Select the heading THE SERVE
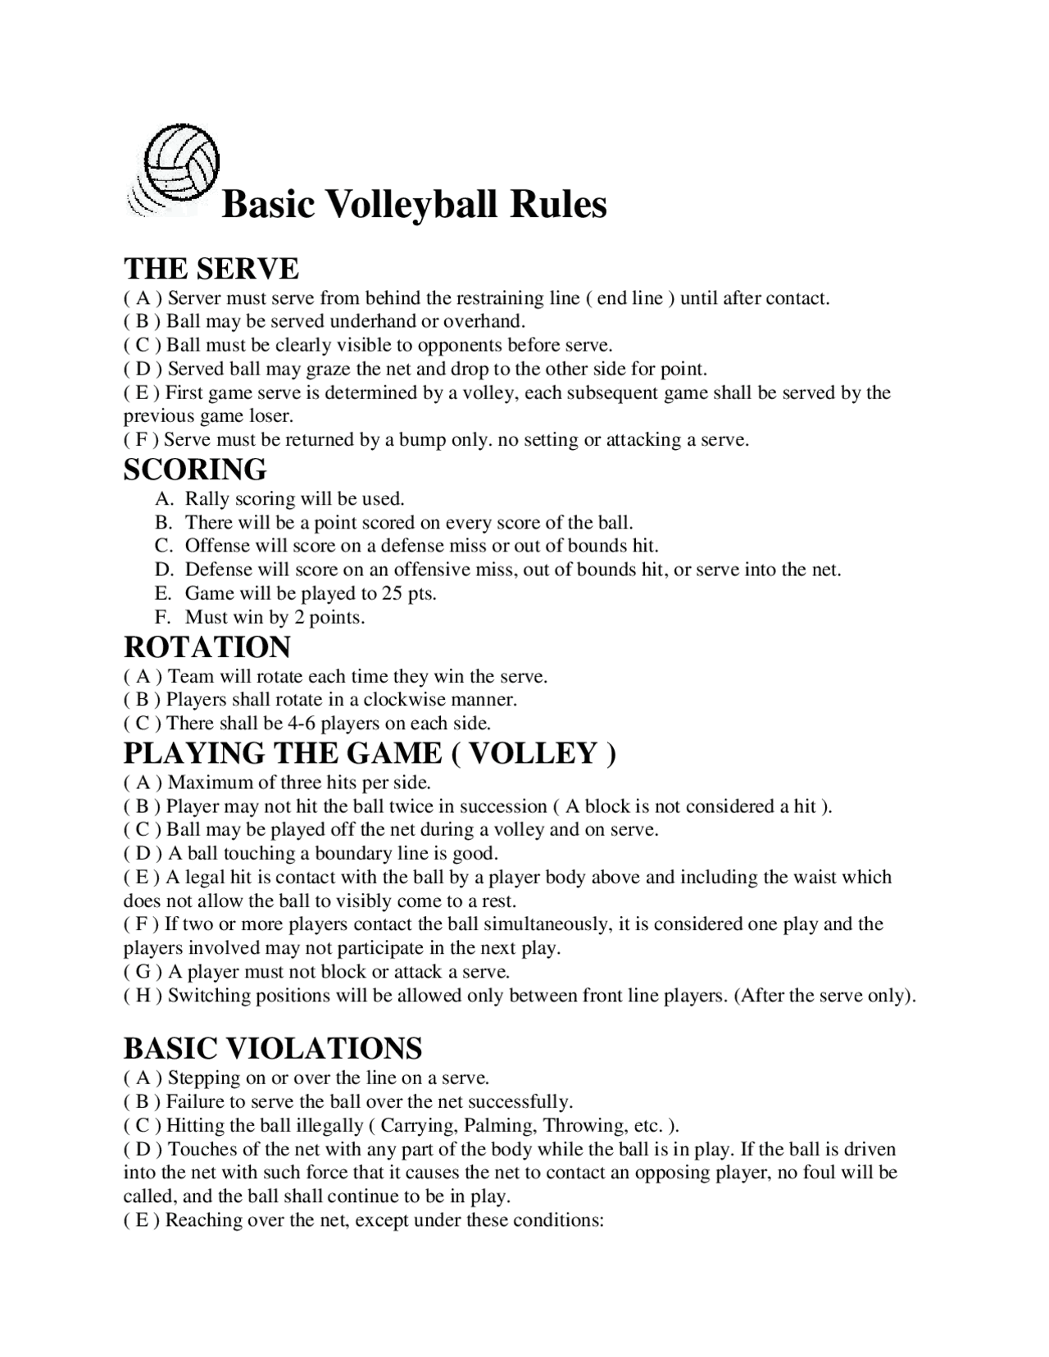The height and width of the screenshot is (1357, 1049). [211, 269]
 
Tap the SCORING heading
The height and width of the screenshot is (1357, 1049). [195, 470]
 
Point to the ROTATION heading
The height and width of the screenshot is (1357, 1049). [207, 647]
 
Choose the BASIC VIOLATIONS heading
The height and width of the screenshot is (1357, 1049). [273, 1048]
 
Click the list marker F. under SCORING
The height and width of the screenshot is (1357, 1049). [162, 617]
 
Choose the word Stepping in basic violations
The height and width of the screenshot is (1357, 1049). [199, 1078]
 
